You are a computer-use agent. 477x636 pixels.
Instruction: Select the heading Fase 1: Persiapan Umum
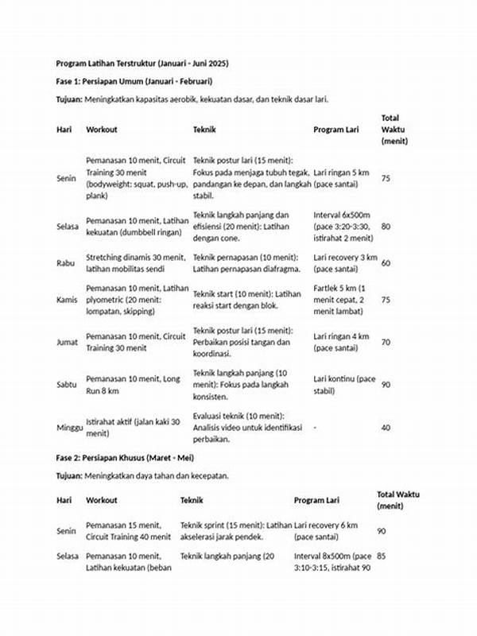pos(134,80)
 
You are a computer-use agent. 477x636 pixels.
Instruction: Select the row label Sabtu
pos(68,384)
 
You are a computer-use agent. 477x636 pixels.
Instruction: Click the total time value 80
pos(386,227)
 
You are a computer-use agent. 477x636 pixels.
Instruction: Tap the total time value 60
pos(386,263)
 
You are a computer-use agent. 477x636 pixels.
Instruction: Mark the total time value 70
pos(386,342)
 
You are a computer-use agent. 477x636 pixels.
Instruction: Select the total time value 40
pos(386,428)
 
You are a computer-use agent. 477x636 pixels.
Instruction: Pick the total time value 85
pos(382,556)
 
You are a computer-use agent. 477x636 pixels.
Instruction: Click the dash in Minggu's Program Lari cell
pos(315,428)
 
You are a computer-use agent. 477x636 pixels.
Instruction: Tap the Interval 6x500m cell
pos(343,227)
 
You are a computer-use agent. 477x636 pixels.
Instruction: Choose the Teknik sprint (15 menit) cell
pos(235,530)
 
